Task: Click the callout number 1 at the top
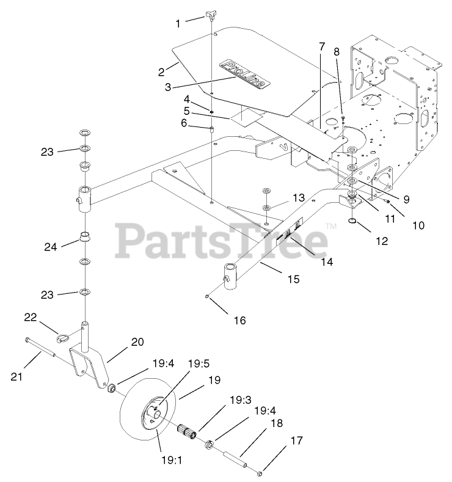[178, 23]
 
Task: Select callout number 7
[321, 46]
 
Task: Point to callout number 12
[381, 241]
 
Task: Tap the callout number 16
[240, 320]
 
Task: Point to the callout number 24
[51, 247]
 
